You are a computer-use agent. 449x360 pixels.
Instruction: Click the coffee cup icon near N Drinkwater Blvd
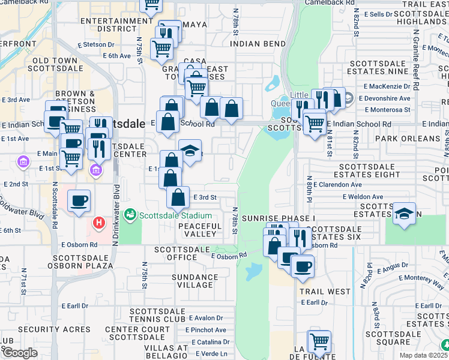[79, 200]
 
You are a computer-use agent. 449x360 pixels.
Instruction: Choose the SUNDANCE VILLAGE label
[195, 281]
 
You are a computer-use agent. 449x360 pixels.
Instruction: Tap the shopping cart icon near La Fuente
[319, 341]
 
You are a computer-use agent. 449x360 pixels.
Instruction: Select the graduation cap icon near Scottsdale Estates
[405, 214]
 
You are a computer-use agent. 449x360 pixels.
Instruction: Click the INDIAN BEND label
[258, 44]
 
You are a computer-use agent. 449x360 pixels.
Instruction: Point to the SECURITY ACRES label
[54, 329]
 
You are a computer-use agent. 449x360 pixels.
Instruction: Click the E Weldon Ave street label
[363, 196]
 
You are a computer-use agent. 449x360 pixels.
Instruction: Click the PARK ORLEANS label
[408, 139]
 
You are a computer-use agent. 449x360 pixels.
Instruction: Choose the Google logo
[20, 353]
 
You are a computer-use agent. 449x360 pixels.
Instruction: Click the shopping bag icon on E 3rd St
[178, 196]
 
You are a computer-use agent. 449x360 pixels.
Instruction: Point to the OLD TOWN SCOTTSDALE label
[55, 65]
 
